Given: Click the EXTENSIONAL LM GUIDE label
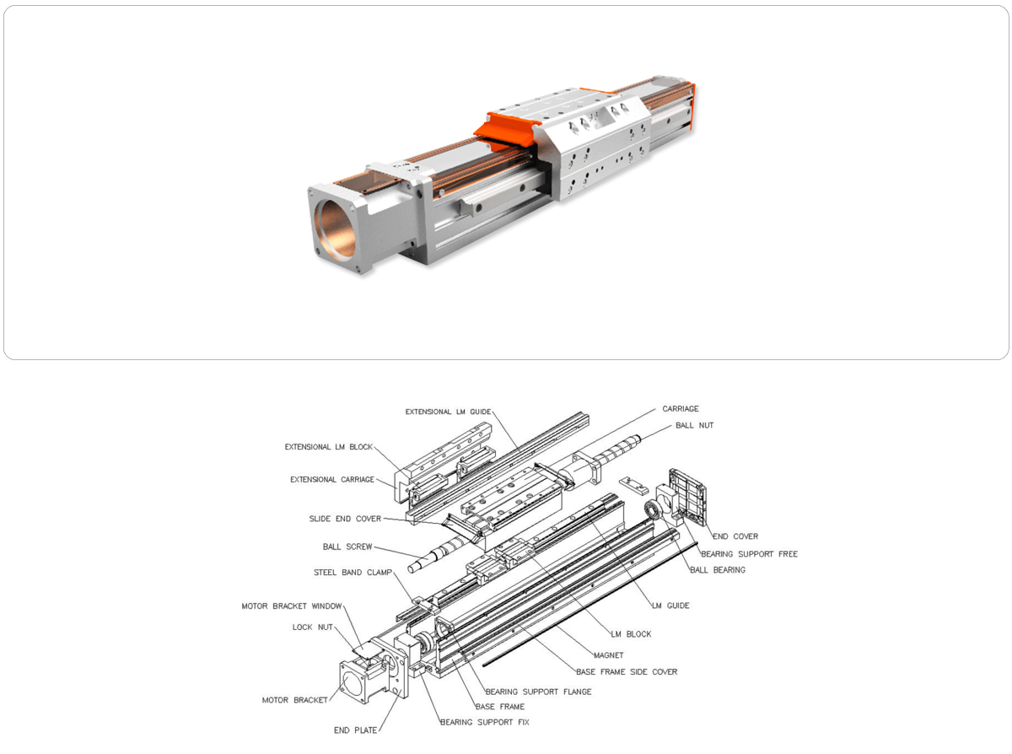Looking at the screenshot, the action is pos(448,412).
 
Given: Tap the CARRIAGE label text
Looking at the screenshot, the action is pos(681,408).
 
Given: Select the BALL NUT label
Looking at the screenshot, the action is pos(694,425).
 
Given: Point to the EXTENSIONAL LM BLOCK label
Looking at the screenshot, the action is pos(329,447).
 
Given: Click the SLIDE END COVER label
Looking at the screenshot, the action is pos(345,519).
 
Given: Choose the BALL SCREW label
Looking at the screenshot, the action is pos(347,547).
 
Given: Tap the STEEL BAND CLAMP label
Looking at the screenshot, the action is pos(353,573).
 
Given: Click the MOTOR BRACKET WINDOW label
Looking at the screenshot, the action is pos(292,606).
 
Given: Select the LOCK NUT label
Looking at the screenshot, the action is pos(313,627).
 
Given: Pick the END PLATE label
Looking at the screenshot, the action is pos(355,730).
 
